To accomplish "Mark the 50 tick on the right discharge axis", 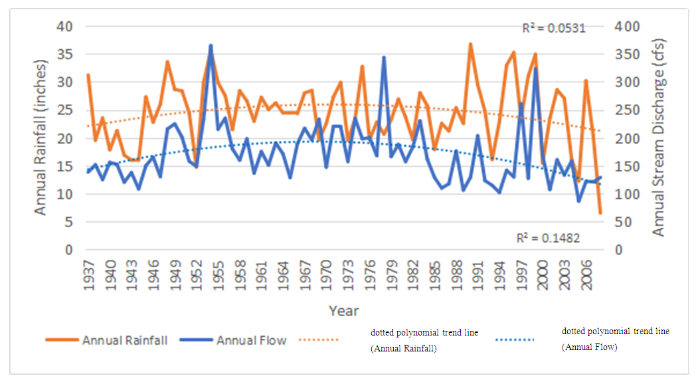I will [x=618, y=223].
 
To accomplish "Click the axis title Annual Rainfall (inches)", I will [x=41, y=138].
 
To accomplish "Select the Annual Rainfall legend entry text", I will [x=125, y=340].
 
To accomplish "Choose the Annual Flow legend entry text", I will [x=251, y=340].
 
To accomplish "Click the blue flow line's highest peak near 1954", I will [x=211, y=46].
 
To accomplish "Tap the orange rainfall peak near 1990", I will [x=470, y=45].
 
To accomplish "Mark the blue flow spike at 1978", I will [x=384, y=58].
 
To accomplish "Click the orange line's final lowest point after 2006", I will [x=600, y=213].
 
